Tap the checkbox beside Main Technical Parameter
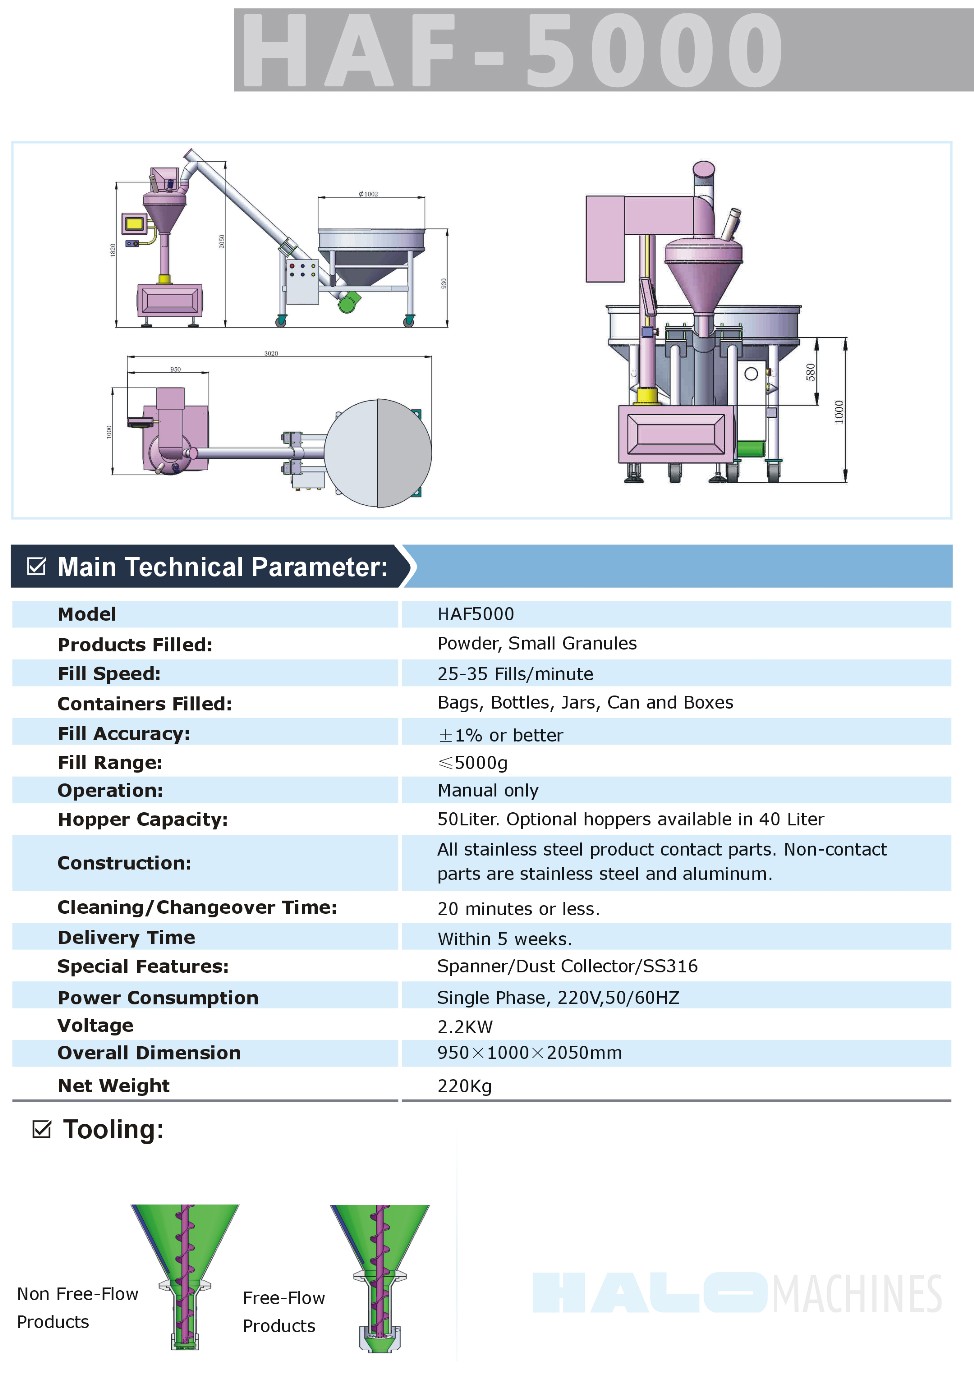click(37, 567)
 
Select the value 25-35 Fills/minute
click(515, 674)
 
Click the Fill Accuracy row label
click(124, 733)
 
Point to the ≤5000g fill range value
click(473, 763)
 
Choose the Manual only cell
click(488, 791)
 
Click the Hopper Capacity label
click(143, 820)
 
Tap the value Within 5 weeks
click(505, 939)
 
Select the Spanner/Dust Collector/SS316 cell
click(567, 966)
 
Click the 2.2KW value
click(465, 1027)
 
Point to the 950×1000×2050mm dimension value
click(529, 1053)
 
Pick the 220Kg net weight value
click(464, 1086)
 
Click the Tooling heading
click(113, 1130)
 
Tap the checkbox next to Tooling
click(42, 1130)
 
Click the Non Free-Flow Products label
click(77, 1308)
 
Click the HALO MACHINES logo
click(737, 1293)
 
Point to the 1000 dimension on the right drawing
click(839, 411)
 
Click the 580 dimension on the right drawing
click(810, 372)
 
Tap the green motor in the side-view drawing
click(348, 301)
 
